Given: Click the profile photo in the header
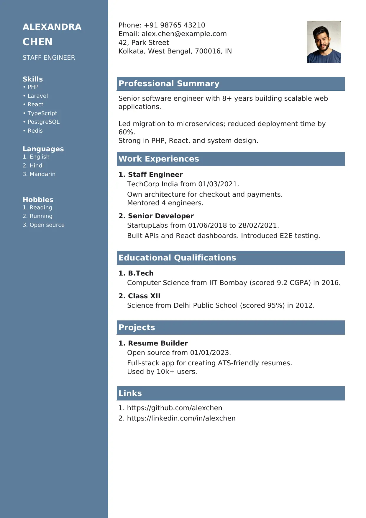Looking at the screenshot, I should pyautogui.click(x=324, y=42).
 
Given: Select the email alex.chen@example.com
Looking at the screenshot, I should pyautogui.click(x=184, y=34).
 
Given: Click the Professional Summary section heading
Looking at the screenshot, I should pyautogui.click(x=169, y=84).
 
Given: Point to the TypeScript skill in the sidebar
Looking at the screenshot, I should pyautogui.click(x=42, y=113).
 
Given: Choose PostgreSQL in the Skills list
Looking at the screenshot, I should pyautogui.click(x=43, y=122).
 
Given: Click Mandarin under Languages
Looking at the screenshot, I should pyautogui.click(x=42, y=174).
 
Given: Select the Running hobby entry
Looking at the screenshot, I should pyautogui.click(x=41, y=216).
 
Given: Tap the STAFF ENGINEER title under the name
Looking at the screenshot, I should pyautogui.click(x=49, y=58).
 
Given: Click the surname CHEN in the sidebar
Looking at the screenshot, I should pyautogui.click(x=38, y=42).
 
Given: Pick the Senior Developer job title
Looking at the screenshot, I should pyautogui.click(x=161, y=216).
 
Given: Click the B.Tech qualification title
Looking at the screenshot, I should pyautogui.click(x=141, y=273).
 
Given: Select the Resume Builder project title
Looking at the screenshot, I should pyautogui.click(x=158, y=343).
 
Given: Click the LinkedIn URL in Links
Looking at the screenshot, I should pyautogui.click(x=181, y=418).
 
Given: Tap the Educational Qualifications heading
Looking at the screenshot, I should pyautogui.click(x=177, y=258).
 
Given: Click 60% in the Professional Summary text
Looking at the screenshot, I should pyautogui.click(x=127, y=132).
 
